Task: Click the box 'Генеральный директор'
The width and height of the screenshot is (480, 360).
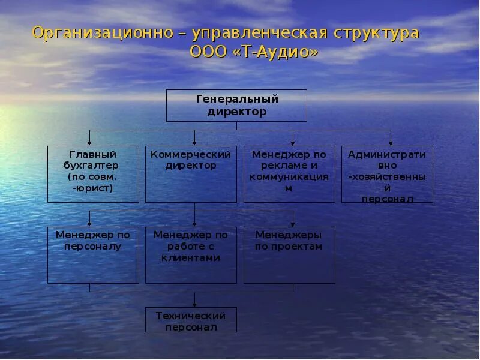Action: pos(236,105)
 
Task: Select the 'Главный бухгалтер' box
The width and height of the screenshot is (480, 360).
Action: pos(93,174)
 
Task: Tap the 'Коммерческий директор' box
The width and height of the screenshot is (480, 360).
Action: pos(191,174)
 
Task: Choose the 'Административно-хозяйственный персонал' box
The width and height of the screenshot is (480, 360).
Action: pos(387,174)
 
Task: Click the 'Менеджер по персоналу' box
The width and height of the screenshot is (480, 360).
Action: pos(93,255)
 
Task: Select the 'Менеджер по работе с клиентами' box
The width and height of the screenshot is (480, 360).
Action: pos(191,255)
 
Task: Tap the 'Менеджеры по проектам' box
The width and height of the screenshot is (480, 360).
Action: pos(289,255)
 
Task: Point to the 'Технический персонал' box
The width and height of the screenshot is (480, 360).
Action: pos(191,320)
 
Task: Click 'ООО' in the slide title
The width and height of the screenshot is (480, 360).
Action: pos(208,52)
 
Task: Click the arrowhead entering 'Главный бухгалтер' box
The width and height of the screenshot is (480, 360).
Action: pos(91,143)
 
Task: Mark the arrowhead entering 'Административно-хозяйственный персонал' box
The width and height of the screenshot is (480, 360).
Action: pos(391,143)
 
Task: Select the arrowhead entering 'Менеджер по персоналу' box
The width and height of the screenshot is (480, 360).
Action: pos(91,224)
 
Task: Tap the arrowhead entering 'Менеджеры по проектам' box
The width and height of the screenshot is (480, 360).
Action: pos(293,224)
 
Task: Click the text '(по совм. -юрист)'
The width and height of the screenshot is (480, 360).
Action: pos(93,182)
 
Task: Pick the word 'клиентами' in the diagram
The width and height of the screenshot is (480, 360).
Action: pos(191,257)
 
